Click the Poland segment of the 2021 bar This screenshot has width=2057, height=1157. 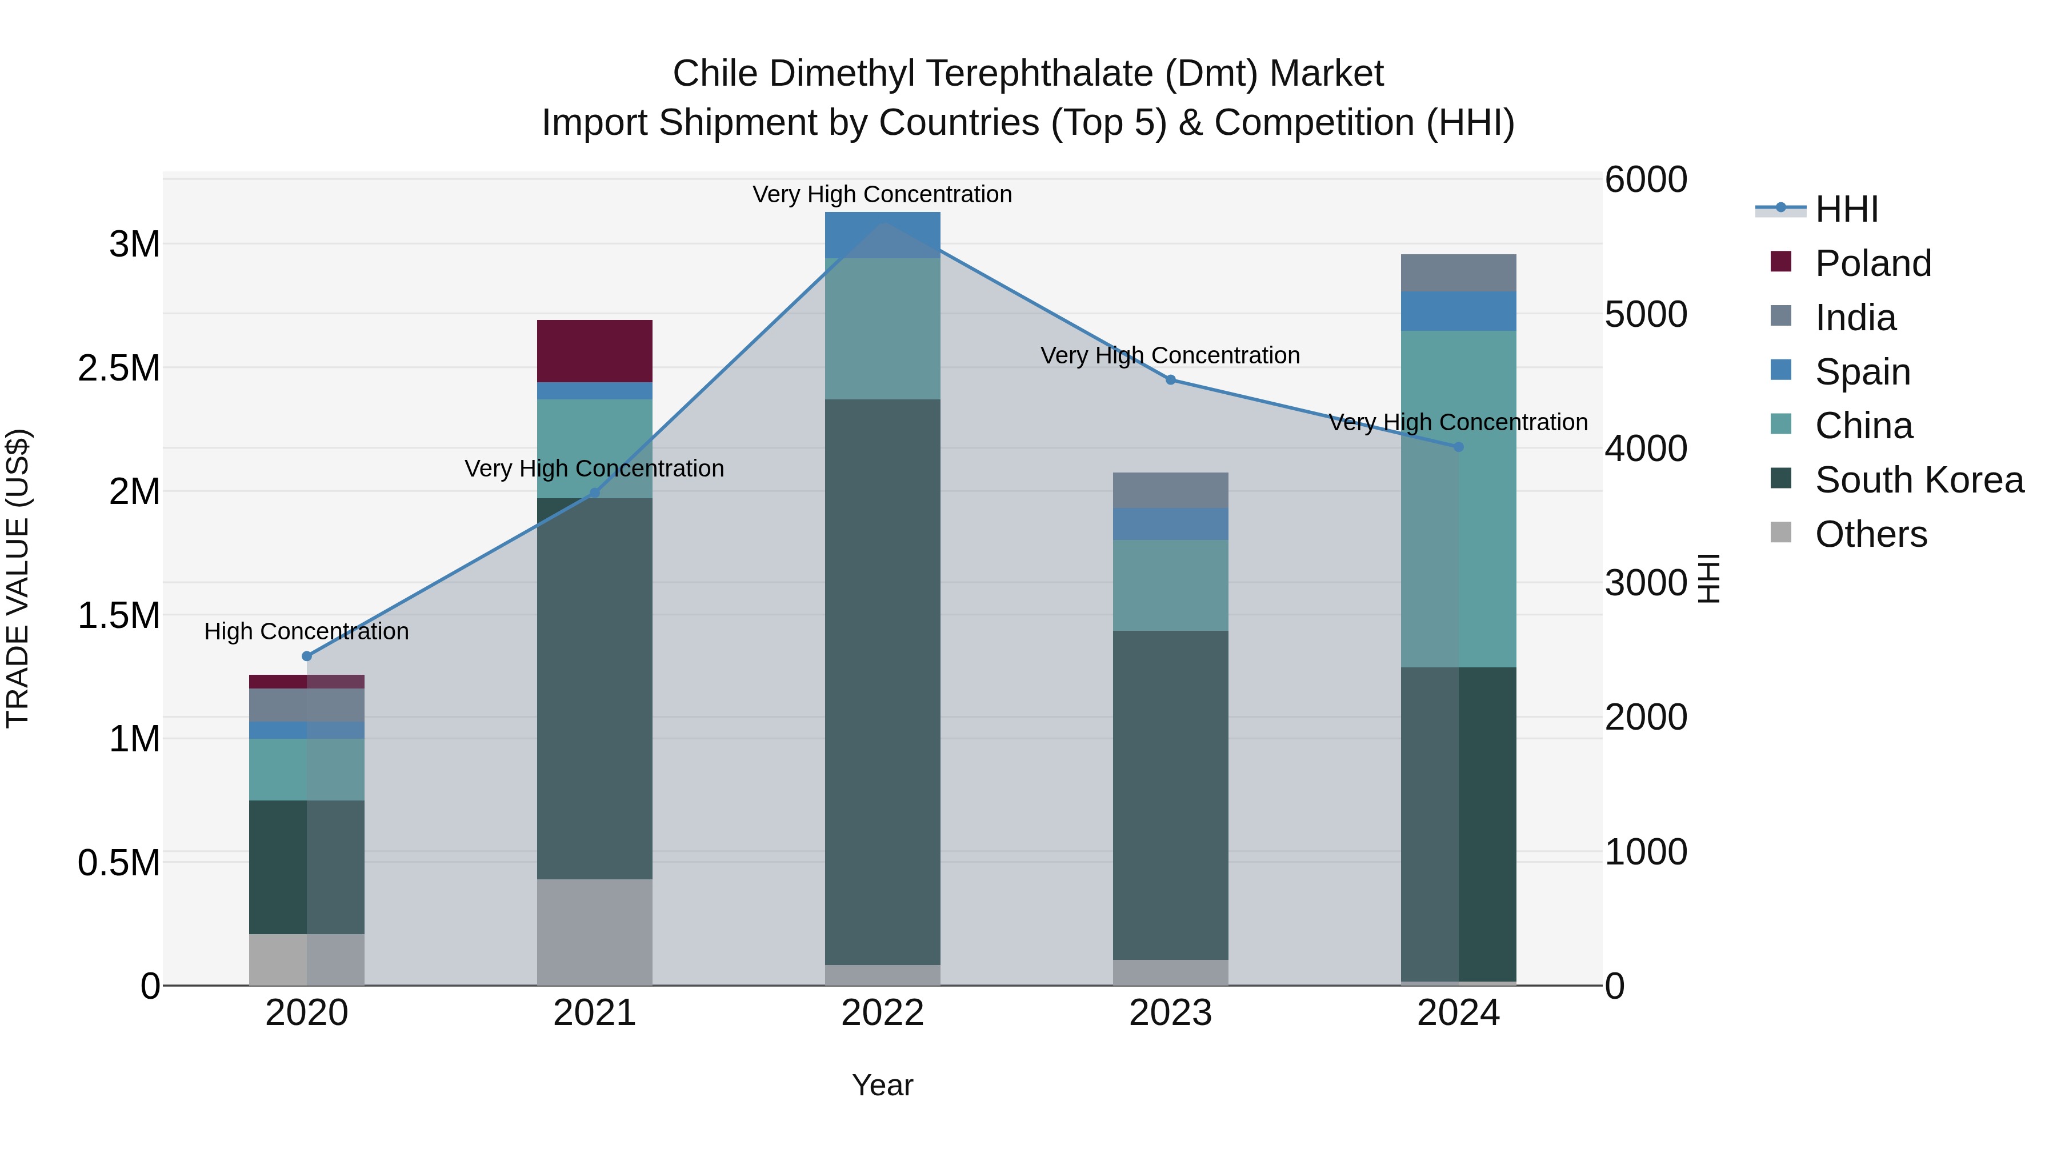coord(594,351)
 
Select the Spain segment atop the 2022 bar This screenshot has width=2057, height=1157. coord(882,235)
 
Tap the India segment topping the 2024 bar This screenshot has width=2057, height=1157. coord(1458,273)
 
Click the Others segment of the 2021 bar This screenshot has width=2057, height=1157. coord(594,932)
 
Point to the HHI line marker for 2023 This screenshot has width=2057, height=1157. coord(1171,380)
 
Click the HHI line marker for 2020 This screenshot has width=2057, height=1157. coord(307,656)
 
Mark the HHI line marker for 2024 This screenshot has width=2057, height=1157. coord(1459,447)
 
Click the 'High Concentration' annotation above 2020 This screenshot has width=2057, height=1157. coord(307,631)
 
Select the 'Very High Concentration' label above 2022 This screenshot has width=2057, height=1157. coord(882,195)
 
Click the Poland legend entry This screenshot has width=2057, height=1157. coord(1872,263)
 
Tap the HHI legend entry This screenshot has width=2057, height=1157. coord(1846,209)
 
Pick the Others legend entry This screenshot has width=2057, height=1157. coord(1870,534)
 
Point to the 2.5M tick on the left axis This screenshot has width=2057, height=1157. coord(119,368)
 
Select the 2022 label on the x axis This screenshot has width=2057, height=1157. coord(882,1013)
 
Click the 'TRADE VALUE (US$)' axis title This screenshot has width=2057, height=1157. coord(18,578)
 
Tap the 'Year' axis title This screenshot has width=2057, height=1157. coord(882,1085)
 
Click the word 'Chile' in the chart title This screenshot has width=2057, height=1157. coord(715,74)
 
